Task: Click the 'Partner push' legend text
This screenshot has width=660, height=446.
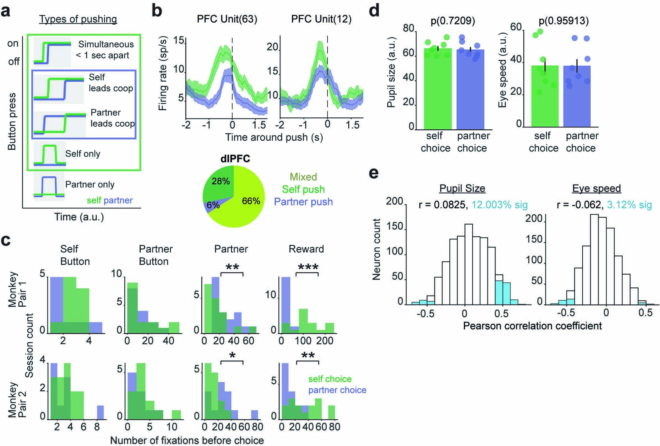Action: coord(303,202)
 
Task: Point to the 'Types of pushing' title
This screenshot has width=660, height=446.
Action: coord(78,19)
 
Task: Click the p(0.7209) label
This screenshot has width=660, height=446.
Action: coord(453,20)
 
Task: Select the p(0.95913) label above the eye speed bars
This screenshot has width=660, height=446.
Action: coord(563,20)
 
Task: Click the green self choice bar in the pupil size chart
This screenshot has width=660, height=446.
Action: coord(437,93)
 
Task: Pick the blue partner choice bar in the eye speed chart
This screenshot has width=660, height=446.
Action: coord(577,99)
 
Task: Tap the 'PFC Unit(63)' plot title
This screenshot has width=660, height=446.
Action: coord(227,19)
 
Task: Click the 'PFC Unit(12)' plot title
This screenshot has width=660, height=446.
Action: coord(321,19)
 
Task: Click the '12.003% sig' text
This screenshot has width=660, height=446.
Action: coord(499,205)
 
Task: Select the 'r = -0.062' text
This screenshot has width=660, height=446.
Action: coord(579,205)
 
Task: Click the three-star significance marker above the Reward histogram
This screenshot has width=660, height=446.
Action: coord(308,267)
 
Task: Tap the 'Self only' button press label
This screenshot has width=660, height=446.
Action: coord(83,154)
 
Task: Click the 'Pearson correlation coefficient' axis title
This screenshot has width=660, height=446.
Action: coord(532,326)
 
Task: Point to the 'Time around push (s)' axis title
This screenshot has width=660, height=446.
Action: coord(274,137)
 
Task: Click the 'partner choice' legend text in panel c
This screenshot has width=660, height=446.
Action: coord(337,390)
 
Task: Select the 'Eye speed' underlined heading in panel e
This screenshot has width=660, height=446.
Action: coord(596,188)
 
